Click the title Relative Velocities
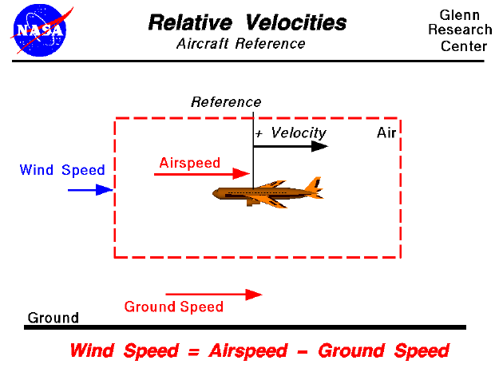(x=247, y=22)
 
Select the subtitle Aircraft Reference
(x=240, y=44)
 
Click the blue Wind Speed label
(x=62, y=170)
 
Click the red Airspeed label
(x=189, y=163)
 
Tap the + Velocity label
(x=290, y=133)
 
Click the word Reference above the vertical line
(x=226, y=102)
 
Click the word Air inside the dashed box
(x=386, y=133)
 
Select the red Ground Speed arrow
(x=213, y=295)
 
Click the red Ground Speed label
(x=174, y=307)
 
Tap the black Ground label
(x=53, y=318)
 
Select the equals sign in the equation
(x=196, y=351)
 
